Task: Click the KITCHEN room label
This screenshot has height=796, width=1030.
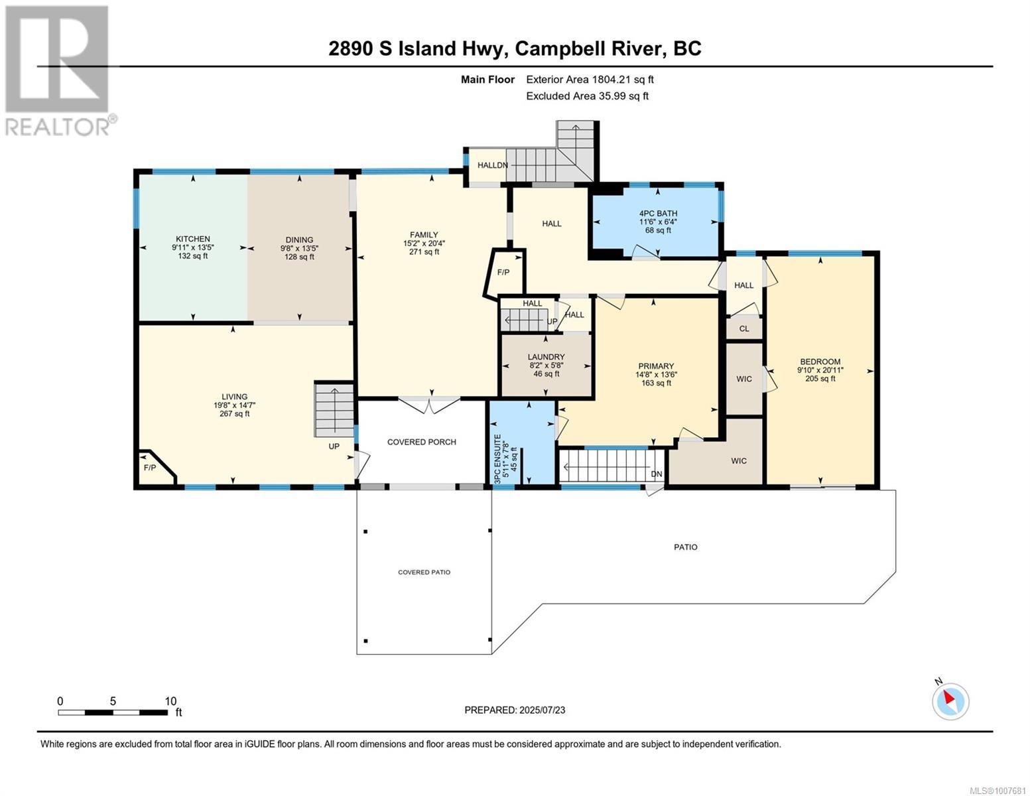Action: (193, 239)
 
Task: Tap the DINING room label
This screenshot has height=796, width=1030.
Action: (299, 240)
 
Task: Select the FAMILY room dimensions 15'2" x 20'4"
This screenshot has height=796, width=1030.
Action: (424, 243)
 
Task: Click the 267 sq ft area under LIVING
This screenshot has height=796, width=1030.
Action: (234, 414)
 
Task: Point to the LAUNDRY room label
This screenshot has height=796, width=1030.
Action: (546, 357)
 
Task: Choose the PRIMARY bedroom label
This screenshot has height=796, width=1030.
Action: (656, 366)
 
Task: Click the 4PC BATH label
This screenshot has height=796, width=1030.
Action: (658, 214)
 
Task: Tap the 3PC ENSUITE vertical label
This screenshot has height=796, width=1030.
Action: (497, 458)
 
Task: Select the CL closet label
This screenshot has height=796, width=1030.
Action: (744, 328)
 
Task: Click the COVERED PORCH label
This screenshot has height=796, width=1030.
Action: (421, 442)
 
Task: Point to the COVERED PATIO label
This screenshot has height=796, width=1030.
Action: (424, 572)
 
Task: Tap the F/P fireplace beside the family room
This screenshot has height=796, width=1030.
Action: (504, 273)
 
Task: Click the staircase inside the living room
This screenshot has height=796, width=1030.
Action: (334, 410)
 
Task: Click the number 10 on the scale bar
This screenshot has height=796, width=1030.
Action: (170, 701)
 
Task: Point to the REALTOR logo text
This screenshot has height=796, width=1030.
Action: (57, 127)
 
